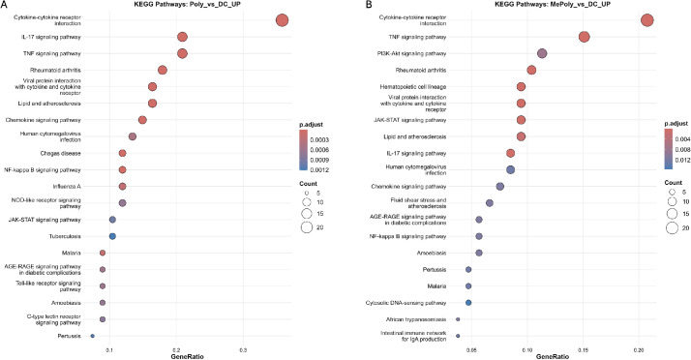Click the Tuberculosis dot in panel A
click(x=112, y=236)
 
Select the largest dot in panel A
click(x=282, y=20)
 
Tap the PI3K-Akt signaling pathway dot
click(x=542, y=53)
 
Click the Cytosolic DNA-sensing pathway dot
click(x=468, y=303)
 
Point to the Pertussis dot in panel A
click(x=93, y=336)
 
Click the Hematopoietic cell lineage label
click(x=413, y=87)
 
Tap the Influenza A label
click(x=67, y=187)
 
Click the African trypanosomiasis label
click(x=416, y=319)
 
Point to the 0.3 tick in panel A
click(x=243, y=350)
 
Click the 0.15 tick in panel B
click(x=583, y=350)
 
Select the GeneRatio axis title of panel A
click(x=188, y=356)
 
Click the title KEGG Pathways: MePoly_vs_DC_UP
click(x=553, y=4)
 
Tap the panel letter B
click(x=369, y=5)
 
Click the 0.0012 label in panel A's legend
click(x=319, y=169)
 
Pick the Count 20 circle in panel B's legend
click(x=672, y=227)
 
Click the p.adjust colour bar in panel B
click(x=669, y=149)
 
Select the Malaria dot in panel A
click(x=103, y=253)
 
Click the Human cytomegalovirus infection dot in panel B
click(x=510, y=169)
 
